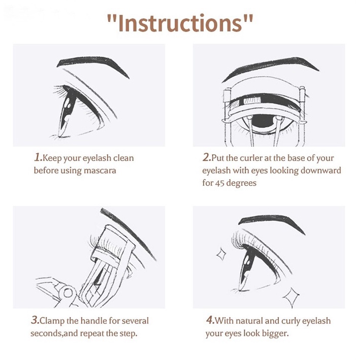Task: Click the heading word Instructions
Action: [x=180, y=23]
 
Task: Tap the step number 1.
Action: [x=38, y=158]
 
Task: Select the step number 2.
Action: [x=206, y=157]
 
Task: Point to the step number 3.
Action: [x=35, y=320]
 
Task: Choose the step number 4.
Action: [x=210, y=320]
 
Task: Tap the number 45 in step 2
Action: [x=219, y=183]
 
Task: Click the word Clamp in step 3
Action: [x=52, y=320]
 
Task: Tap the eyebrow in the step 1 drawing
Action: [x=92, y=64]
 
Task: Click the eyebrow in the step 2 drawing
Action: [x=271, y=67]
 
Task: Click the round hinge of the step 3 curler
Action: [x=68, y=293]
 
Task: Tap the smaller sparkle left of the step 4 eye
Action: [x=221, y=254]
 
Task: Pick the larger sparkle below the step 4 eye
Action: [x=291, y=298]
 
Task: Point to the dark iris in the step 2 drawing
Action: [x=264, y=121]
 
